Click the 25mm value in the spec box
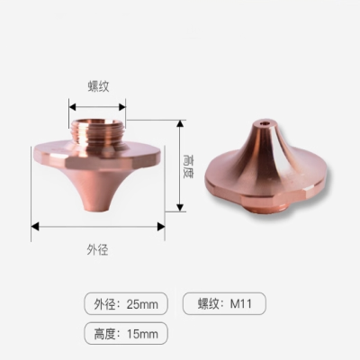pyautogui.click(x=141, y=304)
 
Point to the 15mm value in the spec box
pyautogui.click(x=141, y=334)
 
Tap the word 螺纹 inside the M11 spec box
pyautogui.click(x=205, y=304)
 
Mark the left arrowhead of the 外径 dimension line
pyautogui.click(x=34, y=226)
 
